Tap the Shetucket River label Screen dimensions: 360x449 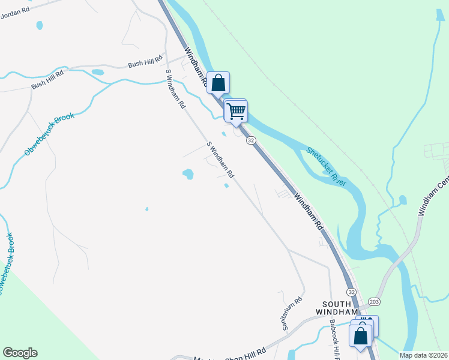pyautogui.click(x=326, y=166)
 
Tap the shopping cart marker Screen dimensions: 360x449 pyautogui.click(x=236, y=110)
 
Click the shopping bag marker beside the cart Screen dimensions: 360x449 pyautogui.click(x=218, y=83)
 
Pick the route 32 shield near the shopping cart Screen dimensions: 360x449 pyautogui.click(x=251, y=140)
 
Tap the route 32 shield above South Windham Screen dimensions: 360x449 pyautogui.click(x=351, y=292)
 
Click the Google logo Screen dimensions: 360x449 pyautogui.click(x=20, y=353)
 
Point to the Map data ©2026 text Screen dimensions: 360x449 pyautogui.click(x=423, y=355)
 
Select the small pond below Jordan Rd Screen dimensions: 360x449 pyautogui.click(x=40, y=26)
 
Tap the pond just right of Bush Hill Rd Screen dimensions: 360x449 pyautogui.click(x=97, y=72)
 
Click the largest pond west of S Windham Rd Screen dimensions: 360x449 pyautogui.click(x=188, y=175)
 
